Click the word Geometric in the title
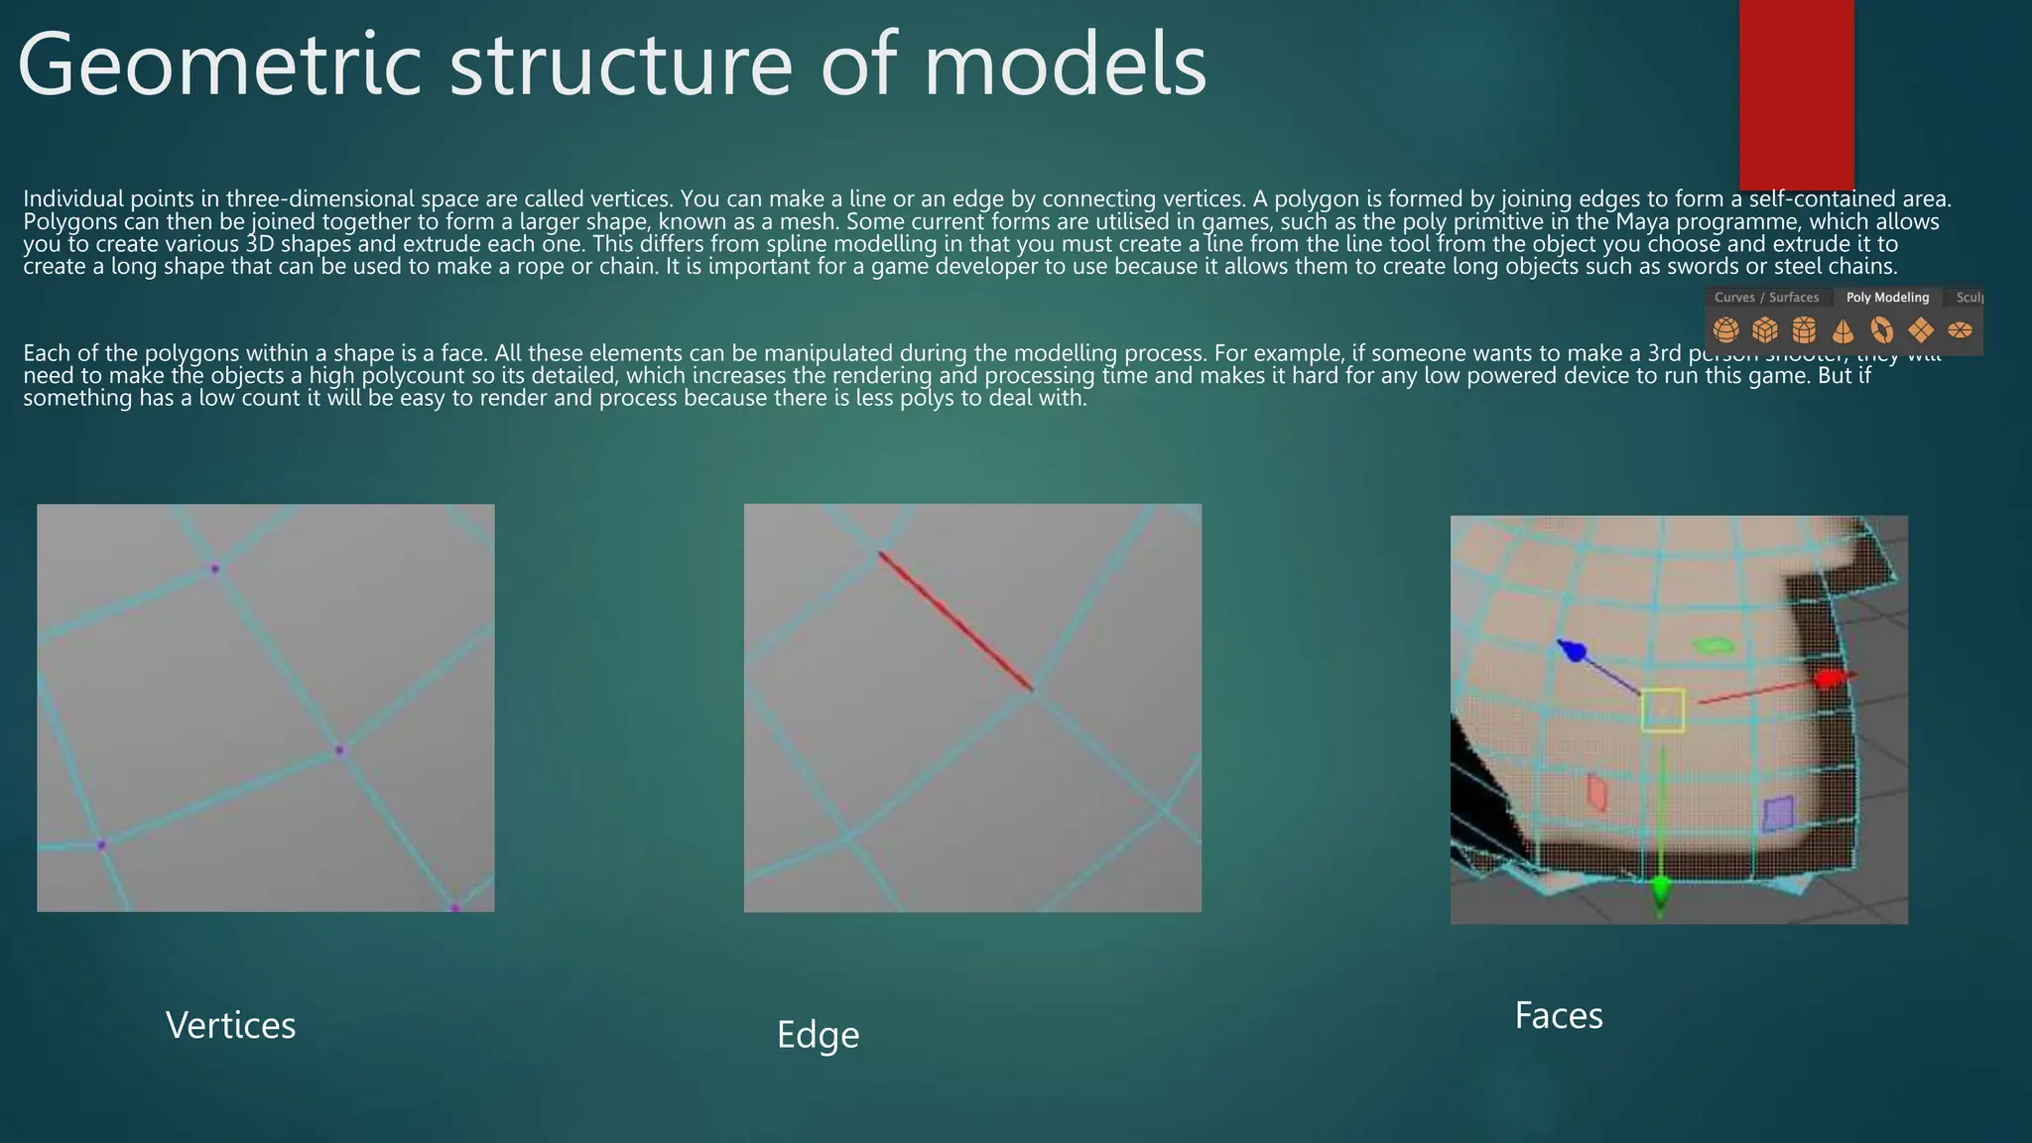pos(218,65)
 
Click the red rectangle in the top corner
pos(1796,94)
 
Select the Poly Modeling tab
pos(1887,298)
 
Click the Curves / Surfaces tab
pos(1766,298)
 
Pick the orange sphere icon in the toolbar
pos(1726,329)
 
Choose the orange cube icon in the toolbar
pos(1765,329)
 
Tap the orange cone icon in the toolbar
pos(1842,329)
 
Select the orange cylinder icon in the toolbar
pos(1804,329)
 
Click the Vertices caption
pos(230,1026)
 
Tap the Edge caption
pos(818,1035)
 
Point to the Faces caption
pos(1558,1016)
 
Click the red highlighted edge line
pos(954,621)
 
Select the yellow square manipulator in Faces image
pos(1663,710)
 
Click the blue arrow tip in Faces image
pos(1572,651)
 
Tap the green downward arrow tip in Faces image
pos(1660,891)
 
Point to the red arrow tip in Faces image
pos(1829,679)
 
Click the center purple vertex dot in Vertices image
pos(339,750)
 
